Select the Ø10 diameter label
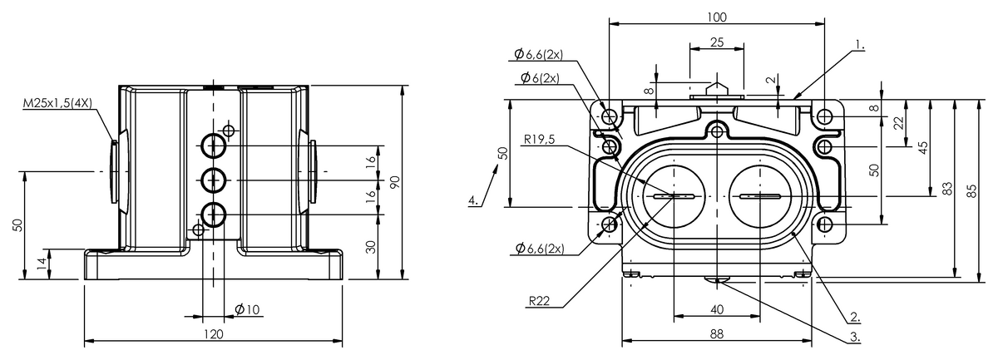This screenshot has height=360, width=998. click(x=247, y=309)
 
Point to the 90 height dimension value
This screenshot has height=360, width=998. click(x=396, y=181)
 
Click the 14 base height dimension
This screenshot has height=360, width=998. click(x=42, y=264)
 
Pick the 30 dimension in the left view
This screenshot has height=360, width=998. click(x=372, y=246)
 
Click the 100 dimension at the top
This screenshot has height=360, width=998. click(x=716, y=17)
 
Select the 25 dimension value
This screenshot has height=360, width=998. click(x=716, y=42)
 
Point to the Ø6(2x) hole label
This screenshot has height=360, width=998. click(x=540, y=78)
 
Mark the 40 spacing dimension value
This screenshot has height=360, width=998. click(x=716, y=309)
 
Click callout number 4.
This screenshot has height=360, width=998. click(x=472, y=200)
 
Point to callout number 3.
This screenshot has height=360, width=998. click(x=854, y=337)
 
